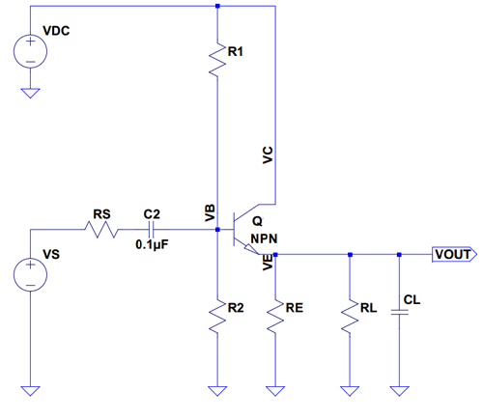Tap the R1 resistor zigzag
pyautogui.click(x=217, y=60)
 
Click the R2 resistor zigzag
pyautogui.click(x=217, y=316)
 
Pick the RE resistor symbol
pyautogui.click(x=275, y=316)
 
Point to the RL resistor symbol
pyautogui.click(x=350, y=316)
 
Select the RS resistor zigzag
pyautogui.click(x=101, y=230)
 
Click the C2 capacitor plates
pyautogui.click(x=152, y=230)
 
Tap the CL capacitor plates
pyautogui.click(x=399, y=312)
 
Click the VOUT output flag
pyautogui.click(x=454, y=254)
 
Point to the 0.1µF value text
pyautogui.click(x=152, y=245)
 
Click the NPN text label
pyautogui.click(x=264, y=238)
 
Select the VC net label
pyautogui.click(x=268, y=155)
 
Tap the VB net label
pyautogui.click(x=210, y=212)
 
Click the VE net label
pyautogui.click(x=268, y=262)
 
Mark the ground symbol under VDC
pyautogui.click(x=30, y=93)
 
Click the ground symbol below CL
pyautogui.click(x=399, y=391)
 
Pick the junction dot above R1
pyautogui.click(x=217, y=6)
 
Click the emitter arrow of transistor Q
pyautogui.click(x=251, y=249)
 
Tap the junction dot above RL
pyautogui.click(x=350, y=255)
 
